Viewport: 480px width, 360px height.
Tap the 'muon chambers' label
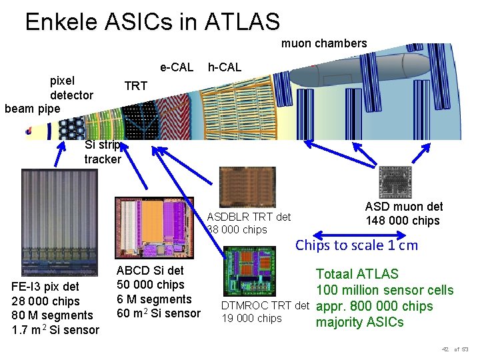point(324,43)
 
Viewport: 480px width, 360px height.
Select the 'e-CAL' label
point(176,67)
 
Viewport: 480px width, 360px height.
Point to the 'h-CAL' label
point(225,67)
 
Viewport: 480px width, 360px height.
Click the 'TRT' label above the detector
point(136,86)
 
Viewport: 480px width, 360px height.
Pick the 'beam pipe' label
point(32,108)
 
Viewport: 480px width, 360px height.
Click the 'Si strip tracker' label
point(103,152)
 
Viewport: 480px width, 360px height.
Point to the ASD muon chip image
point(395,182)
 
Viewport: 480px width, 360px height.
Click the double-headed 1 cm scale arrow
point(360,235)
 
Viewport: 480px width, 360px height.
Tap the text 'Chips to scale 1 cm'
point(357,245)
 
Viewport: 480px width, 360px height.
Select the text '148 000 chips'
point(403,221)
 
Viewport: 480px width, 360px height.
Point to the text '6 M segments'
point(154,299)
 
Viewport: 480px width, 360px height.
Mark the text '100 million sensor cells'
point(385,290)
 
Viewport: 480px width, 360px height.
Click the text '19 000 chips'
point(251,318)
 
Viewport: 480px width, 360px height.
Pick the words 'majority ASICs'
point(360,323)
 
